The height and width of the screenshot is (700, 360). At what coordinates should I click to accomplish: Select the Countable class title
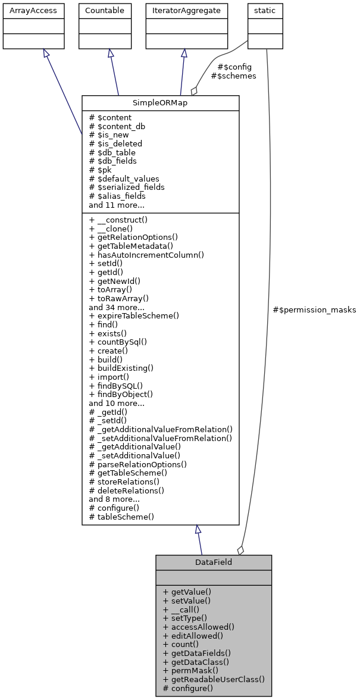click(x=105, y=11)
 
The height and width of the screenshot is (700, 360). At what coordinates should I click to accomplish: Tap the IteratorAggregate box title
click(x=187, y=11)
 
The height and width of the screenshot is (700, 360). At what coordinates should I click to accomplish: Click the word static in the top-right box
click(x=265, y=11)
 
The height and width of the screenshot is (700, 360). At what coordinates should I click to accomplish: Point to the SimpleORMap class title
click(x=160, y=103)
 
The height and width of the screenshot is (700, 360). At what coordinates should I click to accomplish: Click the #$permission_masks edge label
click(x=314, y=310)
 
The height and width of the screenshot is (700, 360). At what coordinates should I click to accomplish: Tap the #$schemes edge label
click(x=233, y=76)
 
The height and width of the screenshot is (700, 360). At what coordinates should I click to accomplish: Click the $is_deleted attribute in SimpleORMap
click(x=115, y=143)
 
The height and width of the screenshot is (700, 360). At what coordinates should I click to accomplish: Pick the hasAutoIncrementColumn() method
click(x=146, y=255)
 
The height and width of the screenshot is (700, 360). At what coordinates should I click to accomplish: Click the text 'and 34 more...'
click(x=116, y=307)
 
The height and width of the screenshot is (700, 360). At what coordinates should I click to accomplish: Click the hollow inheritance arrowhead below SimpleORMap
click(x=198, y=529)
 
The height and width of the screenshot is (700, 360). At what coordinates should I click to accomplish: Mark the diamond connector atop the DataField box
click(x=240, y=550)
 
